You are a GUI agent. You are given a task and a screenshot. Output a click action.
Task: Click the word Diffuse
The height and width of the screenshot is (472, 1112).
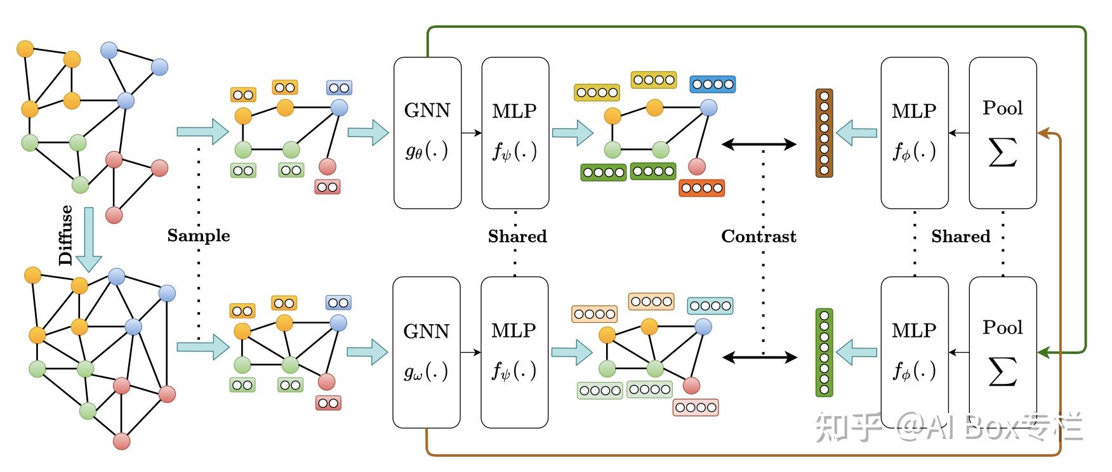coord(65,235)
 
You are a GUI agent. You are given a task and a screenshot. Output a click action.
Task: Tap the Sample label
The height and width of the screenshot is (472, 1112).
coord(199,235)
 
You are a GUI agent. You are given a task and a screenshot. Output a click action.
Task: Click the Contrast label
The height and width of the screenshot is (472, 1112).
coord(758,236)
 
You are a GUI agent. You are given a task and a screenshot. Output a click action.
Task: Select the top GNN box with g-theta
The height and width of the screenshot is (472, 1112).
coord(427,133)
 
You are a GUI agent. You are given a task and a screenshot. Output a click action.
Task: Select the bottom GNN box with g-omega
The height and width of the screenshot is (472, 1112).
coord(426,352)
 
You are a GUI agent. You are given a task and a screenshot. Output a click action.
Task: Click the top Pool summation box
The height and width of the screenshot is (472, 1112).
coord(1002,133)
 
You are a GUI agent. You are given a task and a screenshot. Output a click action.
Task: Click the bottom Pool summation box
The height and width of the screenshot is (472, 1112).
coord(1002,352)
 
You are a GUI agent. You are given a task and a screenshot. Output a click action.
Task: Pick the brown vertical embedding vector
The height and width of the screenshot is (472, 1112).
coord(824,133)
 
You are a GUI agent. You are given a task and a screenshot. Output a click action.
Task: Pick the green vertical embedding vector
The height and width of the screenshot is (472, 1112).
coord(824,352)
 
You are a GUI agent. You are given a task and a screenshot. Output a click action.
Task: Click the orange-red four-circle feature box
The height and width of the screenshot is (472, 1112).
coord(701,188)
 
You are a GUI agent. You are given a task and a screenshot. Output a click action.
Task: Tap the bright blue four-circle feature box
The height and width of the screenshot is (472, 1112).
coord(713,84)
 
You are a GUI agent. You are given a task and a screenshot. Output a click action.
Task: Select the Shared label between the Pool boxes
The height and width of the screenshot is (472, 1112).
coord(960,236)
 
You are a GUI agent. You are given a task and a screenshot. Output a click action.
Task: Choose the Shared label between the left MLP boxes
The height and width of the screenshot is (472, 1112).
coord(517,236)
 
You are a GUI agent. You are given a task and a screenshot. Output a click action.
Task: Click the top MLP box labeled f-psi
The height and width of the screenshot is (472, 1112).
coord(515,133)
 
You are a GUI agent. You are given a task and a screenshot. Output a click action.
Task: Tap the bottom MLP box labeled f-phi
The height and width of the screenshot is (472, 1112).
coord(914,352)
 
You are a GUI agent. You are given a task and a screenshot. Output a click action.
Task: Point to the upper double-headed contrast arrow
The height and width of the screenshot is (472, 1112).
coord(759,145)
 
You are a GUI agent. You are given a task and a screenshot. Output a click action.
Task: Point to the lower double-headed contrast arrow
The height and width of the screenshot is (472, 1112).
coord(759,358)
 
